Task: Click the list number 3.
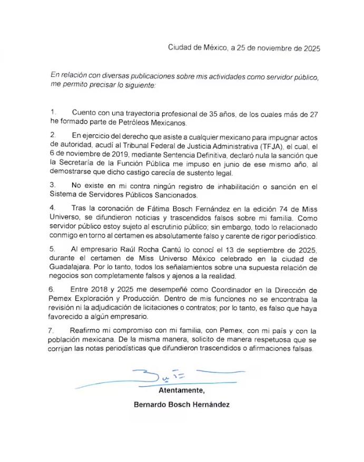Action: coord(53,185)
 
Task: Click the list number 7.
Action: coord(53,330)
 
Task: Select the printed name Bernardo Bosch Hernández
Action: coord(182,406)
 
